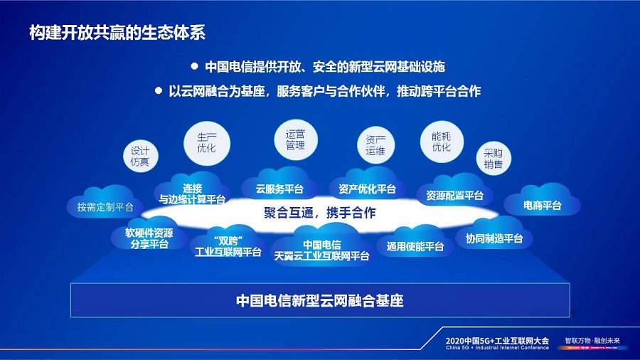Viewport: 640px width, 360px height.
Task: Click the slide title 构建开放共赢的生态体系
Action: [118, 32]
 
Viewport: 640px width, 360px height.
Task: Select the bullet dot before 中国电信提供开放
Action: [193, 66]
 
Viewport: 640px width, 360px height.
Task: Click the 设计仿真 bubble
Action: [140, 157]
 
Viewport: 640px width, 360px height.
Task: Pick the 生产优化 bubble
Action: [206, 142]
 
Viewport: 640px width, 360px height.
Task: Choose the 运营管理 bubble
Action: [295, 139]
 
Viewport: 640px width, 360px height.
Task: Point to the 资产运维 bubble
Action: [375, 145]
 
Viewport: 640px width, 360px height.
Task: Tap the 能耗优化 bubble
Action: [442, 142]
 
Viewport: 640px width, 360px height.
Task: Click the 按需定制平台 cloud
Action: [105, 205]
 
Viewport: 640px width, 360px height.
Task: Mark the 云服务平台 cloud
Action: [280, 189]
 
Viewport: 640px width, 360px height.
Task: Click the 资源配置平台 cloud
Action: [455, 194]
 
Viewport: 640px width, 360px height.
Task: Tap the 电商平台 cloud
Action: [542, 204]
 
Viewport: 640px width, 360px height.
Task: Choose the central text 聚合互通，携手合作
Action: [319, 213]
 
